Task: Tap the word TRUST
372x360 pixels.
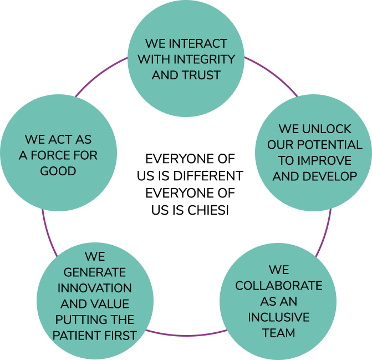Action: tap(201, 75)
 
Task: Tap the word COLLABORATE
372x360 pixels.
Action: tap(278, 286)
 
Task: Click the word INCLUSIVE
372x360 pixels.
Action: tap(278, 318)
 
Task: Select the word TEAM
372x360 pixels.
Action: tap(278, 333)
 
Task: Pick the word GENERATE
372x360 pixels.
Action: tap(95, 273)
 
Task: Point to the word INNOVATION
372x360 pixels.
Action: tap(95, 288)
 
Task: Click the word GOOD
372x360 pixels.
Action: tap(58, 171)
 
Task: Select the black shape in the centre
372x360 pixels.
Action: tap(187, 189)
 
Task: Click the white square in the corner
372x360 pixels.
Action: tap(37, 44)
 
